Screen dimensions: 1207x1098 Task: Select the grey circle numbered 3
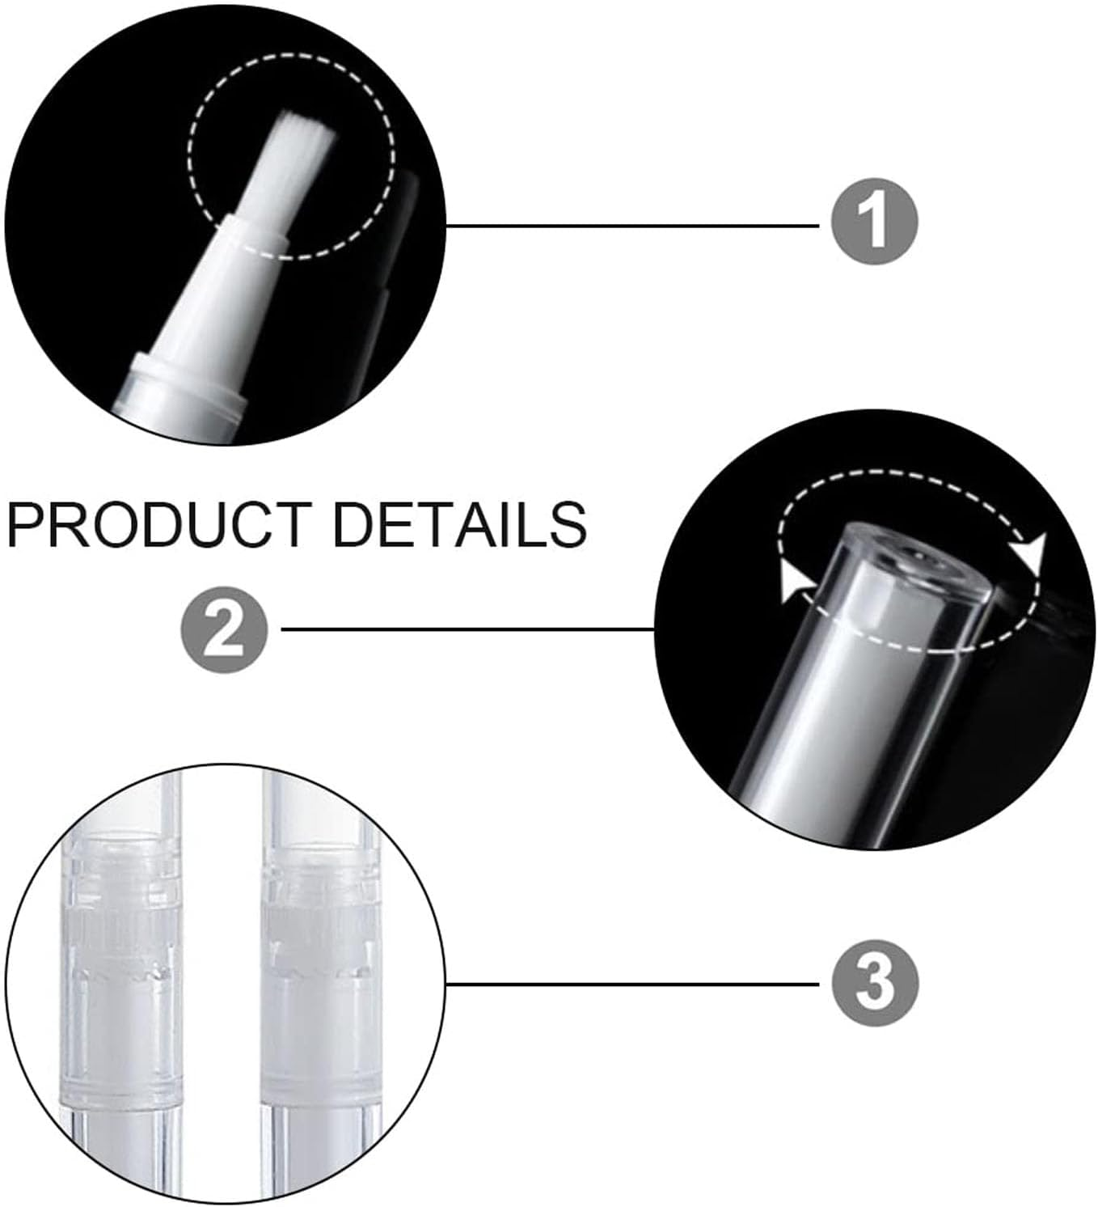pyautogui.click(x=875, y=983)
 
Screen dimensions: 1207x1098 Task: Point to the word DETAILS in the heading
pyautogui.click(x=459, y=523)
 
